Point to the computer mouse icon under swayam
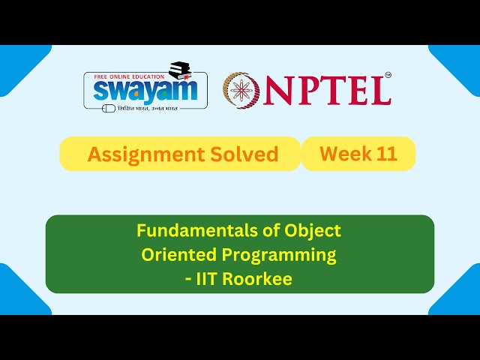109,108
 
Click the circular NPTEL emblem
241,89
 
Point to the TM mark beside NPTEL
388,75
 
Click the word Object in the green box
312,230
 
